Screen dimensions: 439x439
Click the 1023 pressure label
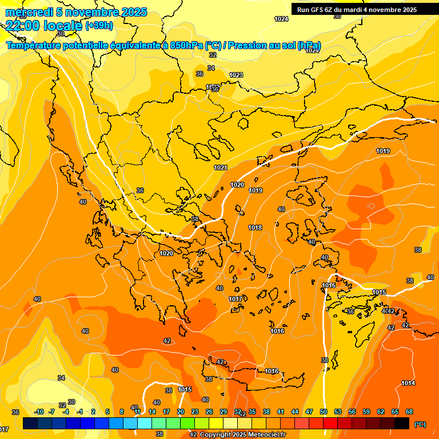point(236,75)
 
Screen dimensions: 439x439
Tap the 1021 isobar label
point(221,167)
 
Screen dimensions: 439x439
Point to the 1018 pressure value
point(255,228)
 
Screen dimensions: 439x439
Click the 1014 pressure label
point(408,383)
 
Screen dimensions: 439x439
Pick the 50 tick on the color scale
point(324,412)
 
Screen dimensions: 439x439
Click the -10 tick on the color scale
point(39,412)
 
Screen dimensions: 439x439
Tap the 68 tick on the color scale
point(409,412)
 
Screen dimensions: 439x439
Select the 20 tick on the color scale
point(180,412)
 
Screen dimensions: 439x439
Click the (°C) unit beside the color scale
point(420,424)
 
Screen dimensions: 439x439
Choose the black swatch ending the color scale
point(402,423)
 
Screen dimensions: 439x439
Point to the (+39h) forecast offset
point(99,26)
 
